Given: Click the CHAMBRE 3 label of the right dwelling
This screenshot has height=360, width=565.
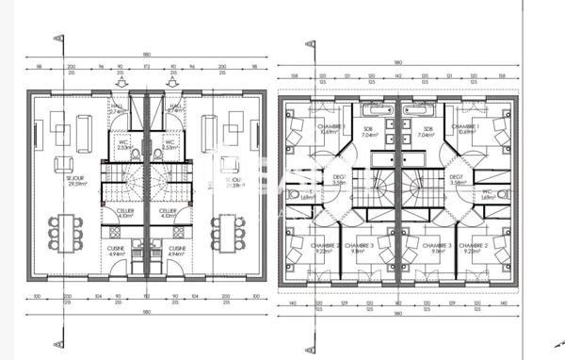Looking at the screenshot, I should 438,248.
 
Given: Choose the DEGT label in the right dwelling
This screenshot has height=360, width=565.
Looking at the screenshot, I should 457,178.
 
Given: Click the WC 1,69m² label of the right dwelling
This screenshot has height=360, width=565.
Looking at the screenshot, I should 489,195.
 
